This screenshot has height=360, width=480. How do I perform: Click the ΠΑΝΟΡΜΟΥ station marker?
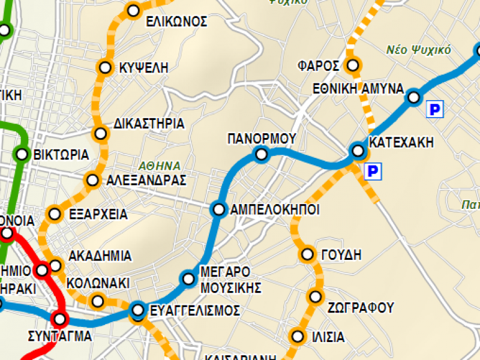tap(261, 155)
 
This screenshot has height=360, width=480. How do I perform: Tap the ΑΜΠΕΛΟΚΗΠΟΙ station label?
tap(274, 209)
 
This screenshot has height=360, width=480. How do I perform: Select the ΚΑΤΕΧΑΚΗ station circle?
tap(358, 150)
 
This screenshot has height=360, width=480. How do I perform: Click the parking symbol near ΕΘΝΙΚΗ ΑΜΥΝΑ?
tap(434, 109)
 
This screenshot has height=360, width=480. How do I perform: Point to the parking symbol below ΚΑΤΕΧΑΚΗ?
tap(373, 172)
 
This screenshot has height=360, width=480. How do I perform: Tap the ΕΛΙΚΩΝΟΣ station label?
tap(176, 22)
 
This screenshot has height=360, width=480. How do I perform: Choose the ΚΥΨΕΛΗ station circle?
tap(106, 67)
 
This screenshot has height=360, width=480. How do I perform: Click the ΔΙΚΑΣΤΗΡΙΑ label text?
tap(149, 124)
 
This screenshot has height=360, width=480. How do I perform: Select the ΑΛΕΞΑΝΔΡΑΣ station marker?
tap(92, 179)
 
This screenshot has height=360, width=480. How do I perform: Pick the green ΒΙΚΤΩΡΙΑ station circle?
tap(22, 154)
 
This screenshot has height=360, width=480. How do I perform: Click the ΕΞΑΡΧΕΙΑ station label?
tap(98, 214)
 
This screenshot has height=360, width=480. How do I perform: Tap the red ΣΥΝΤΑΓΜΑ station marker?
tap(60, 319)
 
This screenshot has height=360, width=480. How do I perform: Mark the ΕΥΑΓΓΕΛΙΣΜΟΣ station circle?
tap(138, 310)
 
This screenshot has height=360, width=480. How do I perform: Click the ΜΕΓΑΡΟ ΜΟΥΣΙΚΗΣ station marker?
tap(188, 278)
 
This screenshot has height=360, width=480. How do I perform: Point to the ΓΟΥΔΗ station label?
tap(341, 255)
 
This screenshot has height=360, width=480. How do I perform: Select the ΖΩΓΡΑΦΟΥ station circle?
tap(316, 296)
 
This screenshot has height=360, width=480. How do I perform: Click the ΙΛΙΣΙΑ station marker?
tap(297, 336)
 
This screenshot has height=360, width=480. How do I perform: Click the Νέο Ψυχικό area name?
tap(418, 49)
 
